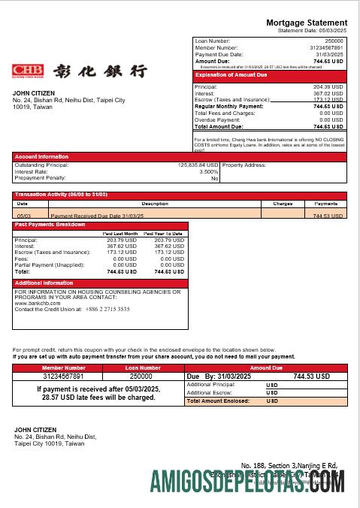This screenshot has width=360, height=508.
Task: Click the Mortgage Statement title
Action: coord(307,23)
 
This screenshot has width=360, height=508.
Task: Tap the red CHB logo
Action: coord(28,71)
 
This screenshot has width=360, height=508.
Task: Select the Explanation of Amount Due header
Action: coord(231,75)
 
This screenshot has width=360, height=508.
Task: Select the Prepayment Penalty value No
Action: coord(214,178)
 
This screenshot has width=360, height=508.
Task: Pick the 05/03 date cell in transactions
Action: coord(23,215)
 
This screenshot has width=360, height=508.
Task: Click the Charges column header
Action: coord(283,204)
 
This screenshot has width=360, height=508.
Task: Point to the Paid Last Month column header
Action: coord(119,234)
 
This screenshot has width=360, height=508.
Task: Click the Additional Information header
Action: coord(44,283)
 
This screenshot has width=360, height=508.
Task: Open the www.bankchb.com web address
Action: coord(36,303)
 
